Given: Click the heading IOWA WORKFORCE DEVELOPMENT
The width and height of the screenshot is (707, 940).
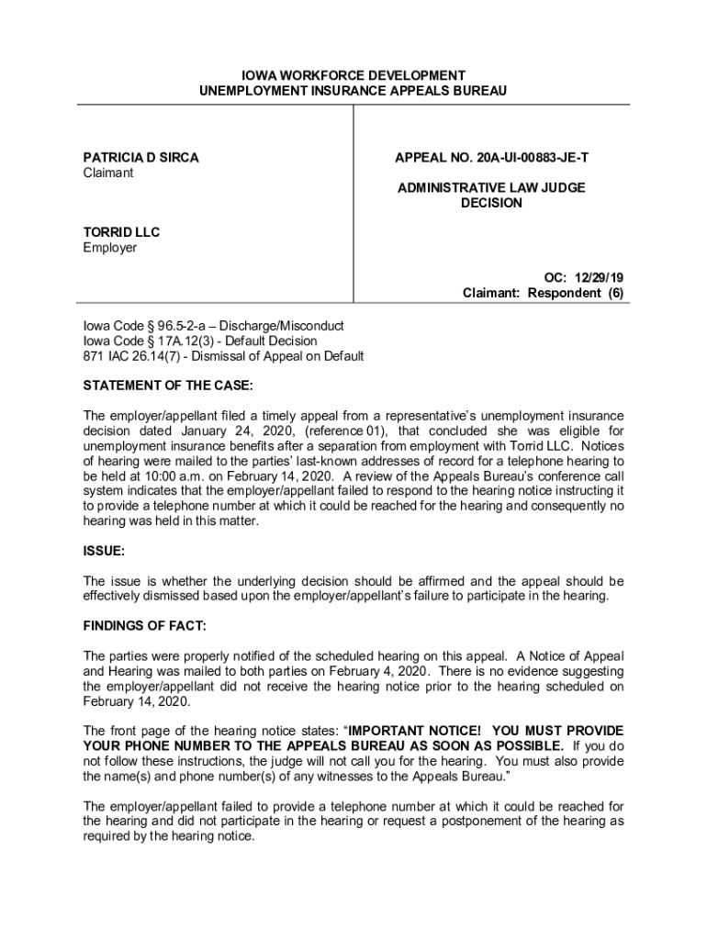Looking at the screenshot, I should pos(353,74).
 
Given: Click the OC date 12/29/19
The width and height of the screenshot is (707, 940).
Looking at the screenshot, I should pos(597,276).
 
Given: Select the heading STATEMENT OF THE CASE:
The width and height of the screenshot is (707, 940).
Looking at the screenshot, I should pos(168,385).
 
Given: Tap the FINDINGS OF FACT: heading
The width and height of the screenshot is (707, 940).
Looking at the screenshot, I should pos(145,626).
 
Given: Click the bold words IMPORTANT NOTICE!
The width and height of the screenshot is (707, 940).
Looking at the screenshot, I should pos(416,731).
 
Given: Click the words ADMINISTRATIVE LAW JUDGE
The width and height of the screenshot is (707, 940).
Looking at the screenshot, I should pos(491,187).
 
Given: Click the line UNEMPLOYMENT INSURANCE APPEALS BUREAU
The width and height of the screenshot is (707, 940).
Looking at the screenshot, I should pos(353,91).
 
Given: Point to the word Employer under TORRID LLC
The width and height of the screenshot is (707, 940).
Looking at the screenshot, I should pos(110,248).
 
